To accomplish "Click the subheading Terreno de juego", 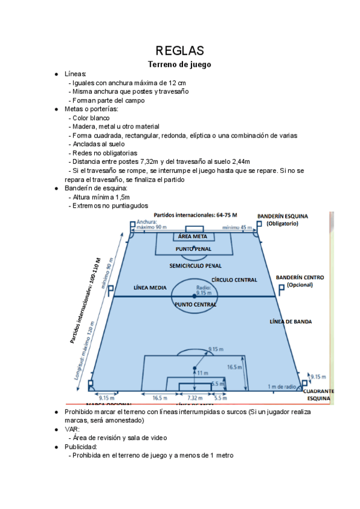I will (180, 64).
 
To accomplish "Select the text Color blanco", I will (91, 118).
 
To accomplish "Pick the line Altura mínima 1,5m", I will (101, 197).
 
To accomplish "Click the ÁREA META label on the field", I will (193, 236).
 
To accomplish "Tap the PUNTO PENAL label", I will (193, 248).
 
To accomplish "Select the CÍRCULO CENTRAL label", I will (234, 280).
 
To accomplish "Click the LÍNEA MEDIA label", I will (149, 288).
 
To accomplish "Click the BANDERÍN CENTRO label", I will (300, 278).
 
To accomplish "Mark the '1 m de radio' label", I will (283, 386).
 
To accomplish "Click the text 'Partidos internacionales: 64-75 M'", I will (196, 215).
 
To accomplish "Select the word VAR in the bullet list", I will (72, 429).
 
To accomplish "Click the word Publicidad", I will (81, 447).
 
